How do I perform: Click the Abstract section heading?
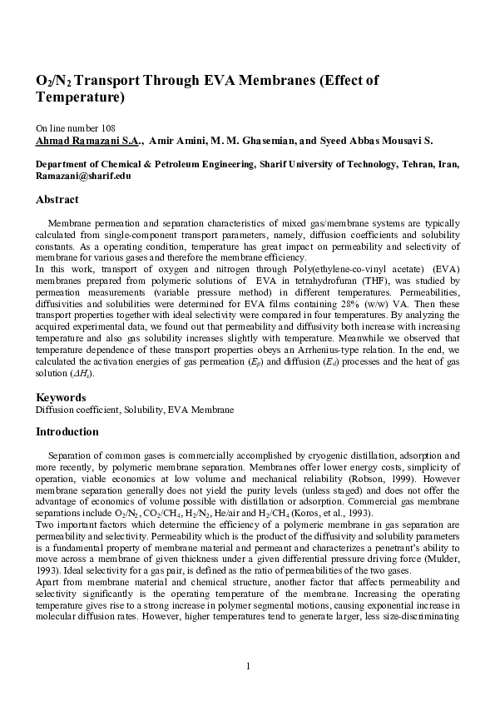[57, 200]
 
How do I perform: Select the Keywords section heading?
[61, 397]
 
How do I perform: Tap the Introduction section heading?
[67, 432]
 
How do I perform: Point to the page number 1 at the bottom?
[248, 664]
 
